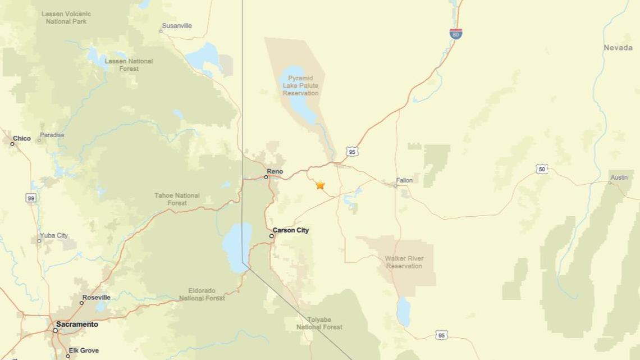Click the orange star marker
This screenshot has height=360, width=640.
[x=320, y=185]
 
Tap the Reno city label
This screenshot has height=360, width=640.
[x=275, y=171]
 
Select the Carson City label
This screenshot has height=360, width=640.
[x=290, y=230]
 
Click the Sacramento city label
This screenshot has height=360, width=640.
[x=77, y=325]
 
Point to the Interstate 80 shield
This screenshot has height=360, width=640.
[x=456, y=34]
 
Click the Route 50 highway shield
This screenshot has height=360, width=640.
[x=541, y=168]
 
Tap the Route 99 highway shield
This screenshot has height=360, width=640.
[x=31, y=198]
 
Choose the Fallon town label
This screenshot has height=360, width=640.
[x=404, y=180]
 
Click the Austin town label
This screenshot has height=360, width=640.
[x=619, y=177]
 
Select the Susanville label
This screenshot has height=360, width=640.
[x=177, y=26]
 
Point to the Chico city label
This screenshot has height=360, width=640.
[x=22, y=138]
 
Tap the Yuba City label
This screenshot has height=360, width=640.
[x=54, y=235]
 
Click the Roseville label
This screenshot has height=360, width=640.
[x=97, y=297]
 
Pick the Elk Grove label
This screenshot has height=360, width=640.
[x=84, y=350]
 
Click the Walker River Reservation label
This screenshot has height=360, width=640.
[x=404, y=262]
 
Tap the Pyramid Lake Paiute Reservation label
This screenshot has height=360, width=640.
[x=300, y=85]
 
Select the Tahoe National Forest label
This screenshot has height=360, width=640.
[x=177, y=199]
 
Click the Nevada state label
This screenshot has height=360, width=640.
[x=618, y=48]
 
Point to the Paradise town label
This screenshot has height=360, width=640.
[x=52, y=135]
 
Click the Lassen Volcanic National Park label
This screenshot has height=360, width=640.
[x=66, y=17]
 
